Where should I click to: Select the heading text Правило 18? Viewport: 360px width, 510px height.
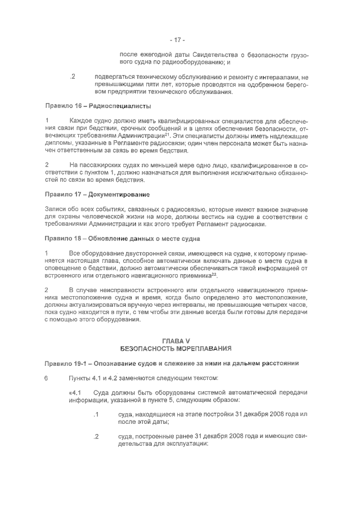point(64,238)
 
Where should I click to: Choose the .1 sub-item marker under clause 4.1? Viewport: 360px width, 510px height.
point(96,414)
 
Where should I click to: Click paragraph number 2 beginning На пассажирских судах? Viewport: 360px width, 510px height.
point(46,164)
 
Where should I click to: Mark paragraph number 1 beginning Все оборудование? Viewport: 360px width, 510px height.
point(46,253)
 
